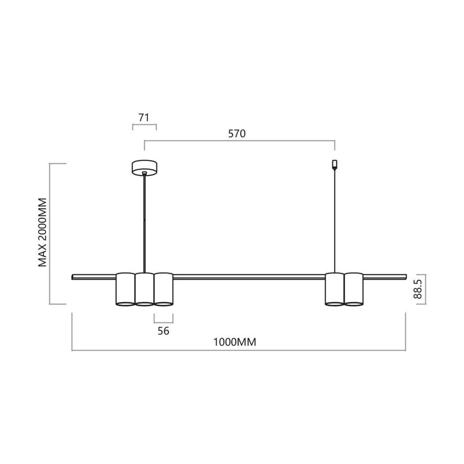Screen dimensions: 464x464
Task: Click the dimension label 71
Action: pyautogui.click(x=144, y=117)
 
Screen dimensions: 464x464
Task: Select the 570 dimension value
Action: pyautogui.click(x=237, y=133)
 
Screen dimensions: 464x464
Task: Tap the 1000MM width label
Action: pyautogui.click(x=235, y=342)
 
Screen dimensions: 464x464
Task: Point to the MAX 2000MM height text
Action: pyautogui.click(x=42, y=232)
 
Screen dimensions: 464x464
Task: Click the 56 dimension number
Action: pyautogui.click(x=163, y=331)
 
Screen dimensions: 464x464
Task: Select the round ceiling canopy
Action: pyautogui.click(x=145, y=168)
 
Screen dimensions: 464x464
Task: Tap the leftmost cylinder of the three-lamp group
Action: pyautogui.click(x=125, y=289)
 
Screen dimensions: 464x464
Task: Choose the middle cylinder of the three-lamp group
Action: pyautogui.click(x=145, y=289)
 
